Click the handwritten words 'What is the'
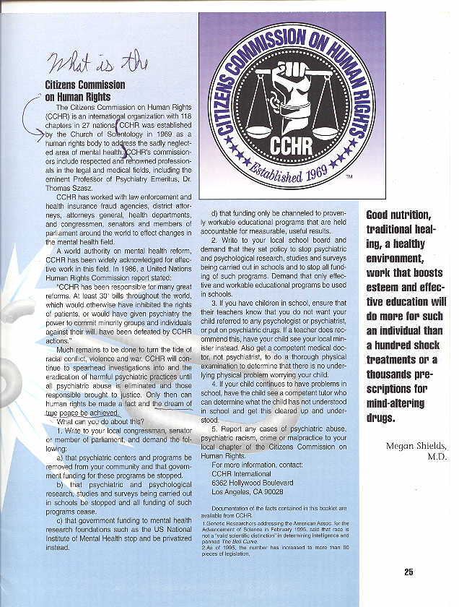point(98,64)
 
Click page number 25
point(408,572)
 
